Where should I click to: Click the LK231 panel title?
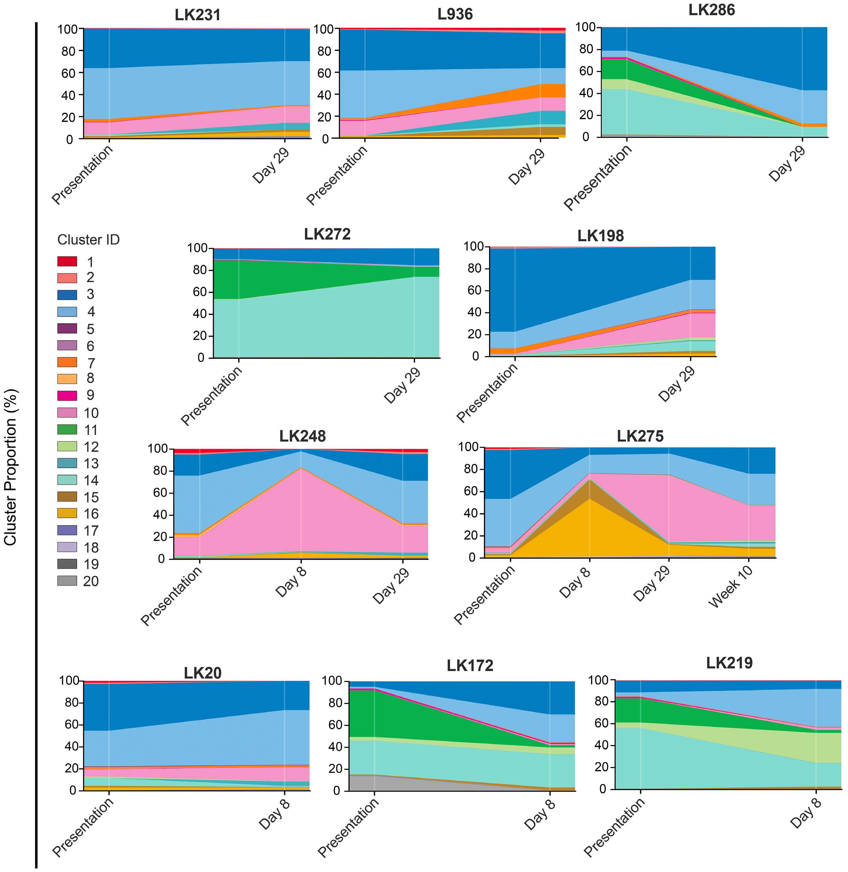pyautogui.click(x=197, y=15)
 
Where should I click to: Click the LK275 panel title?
pyautogui.click(x=640, y=436)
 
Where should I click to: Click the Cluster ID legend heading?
pyautogui.click(x=88, y=240)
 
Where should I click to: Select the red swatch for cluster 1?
pyautogui.click(x=67, y=261)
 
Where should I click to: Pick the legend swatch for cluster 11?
pyautogui.click(x=67, y=430)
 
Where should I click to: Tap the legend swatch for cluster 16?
pyautogui.click(x=67, y=514)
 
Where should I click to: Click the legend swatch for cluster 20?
pyautogui.click(x=67, y=581)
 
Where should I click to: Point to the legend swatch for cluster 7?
pyautogui.click(x=67, y=362)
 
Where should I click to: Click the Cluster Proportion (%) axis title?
pyautogui.click(x=10, y=467)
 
